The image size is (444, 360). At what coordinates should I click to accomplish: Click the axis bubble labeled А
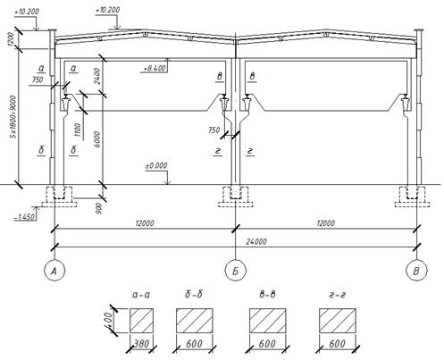pos(54,271)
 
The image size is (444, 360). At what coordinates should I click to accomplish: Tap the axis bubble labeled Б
pos(236,271)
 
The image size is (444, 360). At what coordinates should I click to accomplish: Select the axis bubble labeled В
pos(416,271)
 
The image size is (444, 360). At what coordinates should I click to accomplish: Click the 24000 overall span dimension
pos(256,241)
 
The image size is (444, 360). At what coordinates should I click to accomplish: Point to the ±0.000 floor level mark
pos(156,165)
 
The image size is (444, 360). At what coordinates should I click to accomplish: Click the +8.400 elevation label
pos(155,68)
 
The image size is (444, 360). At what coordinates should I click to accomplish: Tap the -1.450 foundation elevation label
pos(25,217)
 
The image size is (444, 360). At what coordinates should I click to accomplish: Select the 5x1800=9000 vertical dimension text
pos(13,117)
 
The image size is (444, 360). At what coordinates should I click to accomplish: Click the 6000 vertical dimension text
pos(98,139)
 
